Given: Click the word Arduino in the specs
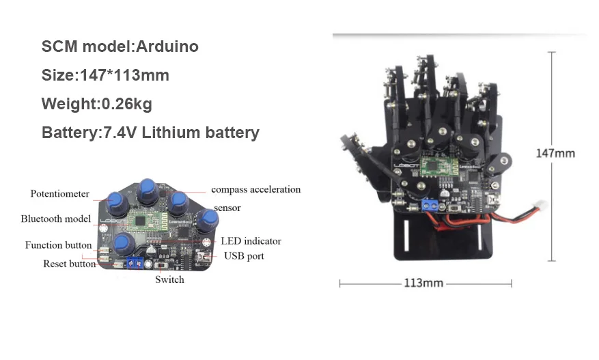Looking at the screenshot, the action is coord(167,46).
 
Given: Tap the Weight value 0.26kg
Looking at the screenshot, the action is coord(127,104).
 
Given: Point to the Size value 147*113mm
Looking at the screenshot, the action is coord(124,75).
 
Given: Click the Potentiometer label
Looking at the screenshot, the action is coord(60,194).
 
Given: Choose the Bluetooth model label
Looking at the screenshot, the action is coord(56,219).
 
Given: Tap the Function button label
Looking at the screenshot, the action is coord(59,245).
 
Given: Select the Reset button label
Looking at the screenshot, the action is coord(69,264).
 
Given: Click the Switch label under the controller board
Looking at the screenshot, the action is coord(169,279).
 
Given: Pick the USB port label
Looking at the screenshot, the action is coord(244,256).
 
